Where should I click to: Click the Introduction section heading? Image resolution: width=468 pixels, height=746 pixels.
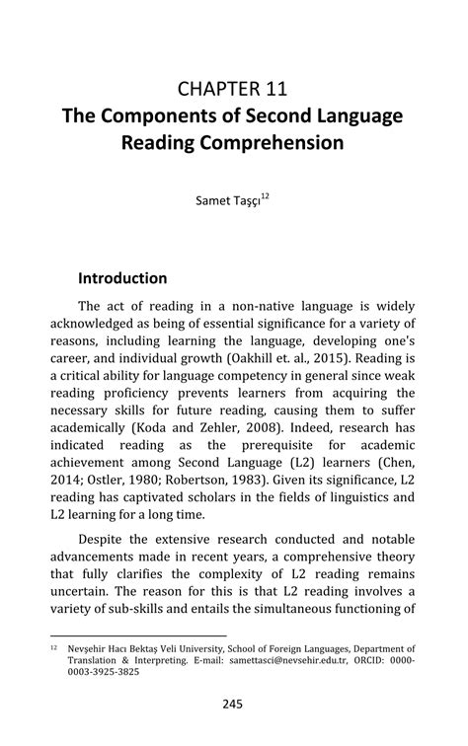click(x=122, y=278)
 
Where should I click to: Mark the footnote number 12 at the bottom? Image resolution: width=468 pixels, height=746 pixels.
click(x=53, y=648)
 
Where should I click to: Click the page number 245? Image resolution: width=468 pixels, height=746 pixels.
click(x=233, y=705)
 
